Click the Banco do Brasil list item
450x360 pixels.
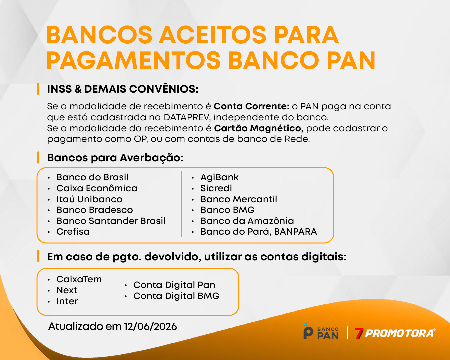92,177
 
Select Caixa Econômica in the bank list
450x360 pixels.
97,188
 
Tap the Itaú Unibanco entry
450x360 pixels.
89,199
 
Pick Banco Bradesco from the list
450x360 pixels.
95,210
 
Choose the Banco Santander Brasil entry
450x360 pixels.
111,221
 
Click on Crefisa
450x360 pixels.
73,232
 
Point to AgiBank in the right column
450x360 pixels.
219,177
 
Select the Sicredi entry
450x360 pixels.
216,188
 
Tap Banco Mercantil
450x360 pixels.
239,199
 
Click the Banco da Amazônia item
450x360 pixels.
247,221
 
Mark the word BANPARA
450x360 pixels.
295,232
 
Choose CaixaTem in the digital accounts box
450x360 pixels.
79,279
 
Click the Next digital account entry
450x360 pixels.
67,290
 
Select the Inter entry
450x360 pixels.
67,301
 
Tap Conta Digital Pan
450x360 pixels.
174,285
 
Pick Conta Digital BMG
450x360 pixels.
176,296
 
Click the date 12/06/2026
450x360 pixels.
151,327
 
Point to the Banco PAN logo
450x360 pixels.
321,331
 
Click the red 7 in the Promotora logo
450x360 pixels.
359,333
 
